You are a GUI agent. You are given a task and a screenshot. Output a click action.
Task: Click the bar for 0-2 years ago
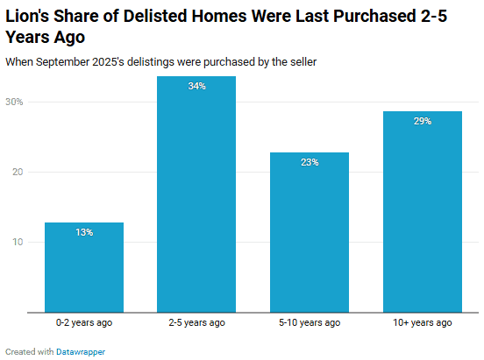click(x=84, y=272)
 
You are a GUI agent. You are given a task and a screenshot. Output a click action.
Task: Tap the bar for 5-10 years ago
click(x=310, y=236)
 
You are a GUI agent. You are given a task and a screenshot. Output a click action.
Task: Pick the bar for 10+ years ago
click(x=422, y=215)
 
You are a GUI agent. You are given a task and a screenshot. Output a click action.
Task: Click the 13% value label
click(x=84, y=232)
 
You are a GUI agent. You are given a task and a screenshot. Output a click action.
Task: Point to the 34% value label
click(x=196, y=86)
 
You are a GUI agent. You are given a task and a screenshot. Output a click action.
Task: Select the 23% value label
click(x=310, y=162)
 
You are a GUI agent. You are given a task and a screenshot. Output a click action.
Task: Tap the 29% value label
click(x=422, y=121)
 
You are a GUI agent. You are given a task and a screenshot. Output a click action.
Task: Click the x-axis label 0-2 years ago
click(x=84, y=322)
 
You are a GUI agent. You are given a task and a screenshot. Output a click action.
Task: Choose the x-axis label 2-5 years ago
click(x=196, y=322)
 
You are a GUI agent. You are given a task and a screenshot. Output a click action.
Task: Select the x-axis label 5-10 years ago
click(x=310, y=322)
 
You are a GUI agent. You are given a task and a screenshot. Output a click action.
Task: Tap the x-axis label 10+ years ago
click(x=422, y=322)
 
